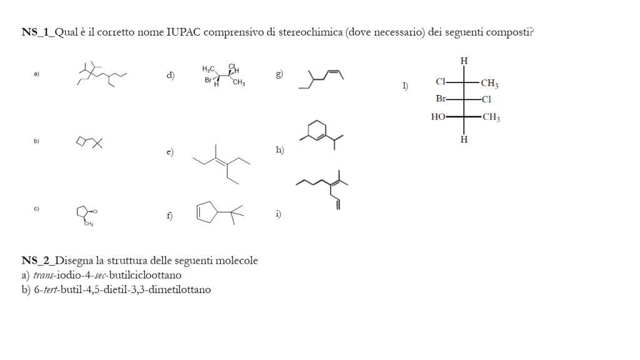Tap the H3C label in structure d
(x=209, y=69)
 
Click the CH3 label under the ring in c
(x=89, y=224)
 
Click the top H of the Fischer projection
(x=464, y=61)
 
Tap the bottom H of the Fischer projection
(x=464, y=139)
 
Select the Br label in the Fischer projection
(x=441, y=99)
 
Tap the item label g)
(x=279, y=74)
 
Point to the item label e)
(x=170, y=152)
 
